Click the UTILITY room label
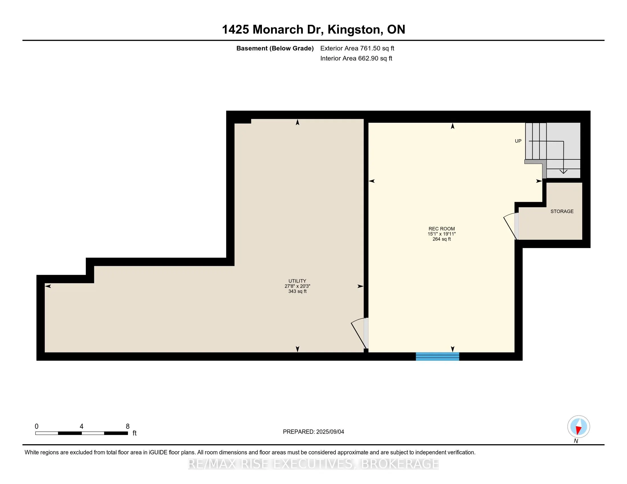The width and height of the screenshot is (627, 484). click(x=297, y=281)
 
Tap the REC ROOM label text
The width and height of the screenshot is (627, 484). click(x=441, y=229)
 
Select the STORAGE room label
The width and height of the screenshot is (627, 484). click(x=562, y=211)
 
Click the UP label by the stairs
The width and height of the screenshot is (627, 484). click(x=518, y=141)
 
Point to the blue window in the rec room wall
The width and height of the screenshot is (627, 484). click(x=437, y=356)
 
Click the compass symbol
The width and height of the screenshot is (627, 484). click(x=579, y=426)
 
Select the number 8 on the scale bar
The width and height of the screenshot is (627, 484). click(x=128, y=426)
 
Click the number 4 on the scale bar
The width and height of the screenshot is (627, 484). click(x=82, y=426)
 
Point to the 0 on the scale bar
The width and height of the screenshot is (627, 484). click(x=36, y=426)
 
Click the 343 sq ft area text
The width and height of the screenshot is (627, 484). click(x=298, y=291)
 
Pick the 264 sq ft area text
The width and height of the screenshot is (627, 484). click(x=441, y=239)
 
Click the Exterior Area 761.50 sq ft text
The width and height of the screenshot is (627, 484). click(x=357, y=48)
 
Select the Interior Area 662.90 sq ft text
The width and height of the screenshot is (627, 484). click(x=356, y=58)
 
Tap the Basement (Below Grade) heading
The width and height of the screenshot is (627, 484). click(x=275, y=48)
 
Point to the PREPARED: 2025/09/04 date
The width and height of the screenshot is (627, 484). click(x=313, y=432)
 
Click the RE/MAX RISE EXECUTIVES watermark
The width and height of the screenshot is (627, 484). click(x=313, y=464)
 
